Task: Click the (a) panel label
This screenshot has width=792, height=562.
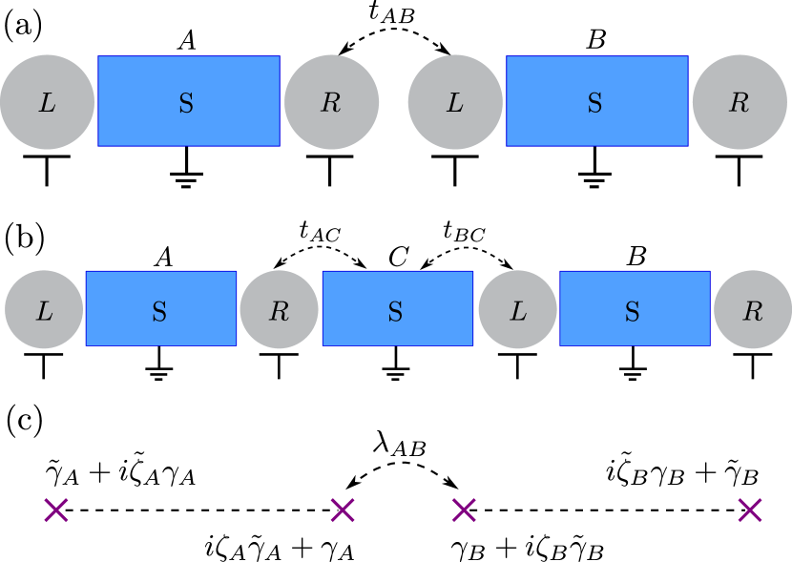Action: point(24,26)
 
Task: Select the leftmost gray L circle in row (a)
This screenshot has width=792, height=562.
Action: point(47,102)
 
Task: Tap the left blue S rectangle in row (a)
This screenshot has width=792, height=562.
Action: point(189,101)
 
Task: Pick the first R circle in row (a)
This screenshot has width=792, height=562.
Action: point(331,102)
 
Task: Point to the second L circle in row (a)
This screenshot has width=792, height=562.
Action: point(455,102)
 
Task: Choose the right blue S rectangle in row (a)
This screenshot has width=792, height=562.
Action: point(596,101)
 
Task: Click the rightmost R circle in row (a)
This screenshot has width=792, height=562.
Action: point(740,102)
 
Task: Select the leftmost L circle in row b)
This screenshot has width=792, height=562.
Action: point(44,310)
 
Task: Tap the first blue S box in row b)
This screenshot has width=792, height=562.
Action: point(161,308)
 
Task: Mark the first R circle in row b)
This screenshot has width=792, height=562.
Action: point(279,310)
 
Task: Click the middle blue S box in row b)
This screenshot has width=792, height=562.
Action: point(397,308)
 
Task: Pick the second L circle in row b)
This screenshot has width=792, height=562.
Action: point(517,310)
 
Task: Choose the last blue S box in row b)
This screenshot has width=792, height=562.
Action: point(635,308)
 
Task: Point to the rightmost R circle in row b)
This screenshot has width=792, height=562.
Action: point(752,310)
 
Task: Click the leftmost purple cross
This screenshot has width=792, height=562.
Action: point(56,510)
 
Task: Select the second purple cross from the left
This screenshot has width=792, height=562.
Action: point(343,510)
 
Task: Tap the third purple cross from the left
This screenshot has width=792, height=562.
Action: point(464,510)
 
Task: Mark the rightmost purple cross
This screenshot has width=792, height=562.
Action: point(750,510)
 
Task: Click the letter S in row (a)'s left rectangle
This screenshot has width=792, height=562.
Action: point(186,103)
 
